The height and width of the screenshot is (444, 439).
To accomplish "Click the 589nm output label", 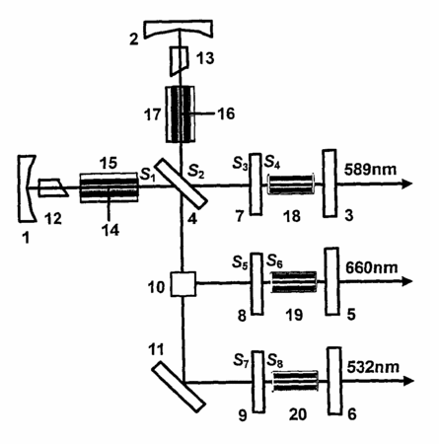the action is tap(370, 170).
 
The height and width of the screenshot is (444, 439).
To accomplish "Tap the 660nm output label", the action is tap(372, 267).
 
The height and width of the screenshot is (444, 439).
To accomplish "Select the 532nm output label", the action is tap(373, 367).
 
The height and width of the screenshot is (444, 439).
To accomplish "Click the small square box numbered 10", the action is tap(183, 283).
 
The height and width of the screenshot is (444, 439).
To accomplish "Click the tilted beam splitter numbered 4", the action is tap(182, 184).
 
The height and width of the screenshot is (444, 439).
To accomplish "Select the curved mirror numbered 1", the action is tap(27, 187).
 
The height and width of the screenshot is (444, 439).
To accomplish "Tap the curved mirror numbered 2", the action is tap(179, 29).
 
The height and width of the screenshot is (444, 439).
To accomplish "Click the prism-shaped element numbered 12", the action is tap(53, 187).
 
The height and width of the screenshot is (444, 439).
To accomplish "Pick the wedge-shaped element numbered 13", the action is tap(180, 61).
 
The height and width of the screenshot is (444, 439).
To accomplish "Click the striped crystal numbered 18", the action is tap(291, 185).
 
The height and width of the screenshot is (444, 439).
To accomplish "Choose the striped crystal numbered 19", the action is tap(294, 282).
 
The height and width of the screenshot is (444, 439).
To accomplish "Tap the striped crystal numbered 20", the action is tap(296, 381).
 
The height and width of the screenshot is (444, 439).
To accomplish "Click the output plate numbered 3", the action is tap(329, 184).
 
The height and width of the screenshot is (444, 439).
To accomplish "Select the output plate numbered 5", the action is tap(331, 281).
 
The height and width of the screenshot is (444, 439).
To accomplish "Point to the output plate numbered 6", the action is tap(334, 381).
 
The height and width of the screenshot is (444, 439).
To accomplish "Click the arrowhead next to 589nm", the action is tap(407, 184).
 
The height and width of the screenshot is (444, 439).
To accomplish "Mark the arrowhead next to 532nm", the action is tap(408, 381).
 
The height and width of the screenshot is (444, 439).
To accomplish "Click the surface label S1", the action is tap(148, 175).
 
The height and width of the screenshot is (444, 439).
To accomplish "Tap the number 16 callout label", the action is tap(226, 113).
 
